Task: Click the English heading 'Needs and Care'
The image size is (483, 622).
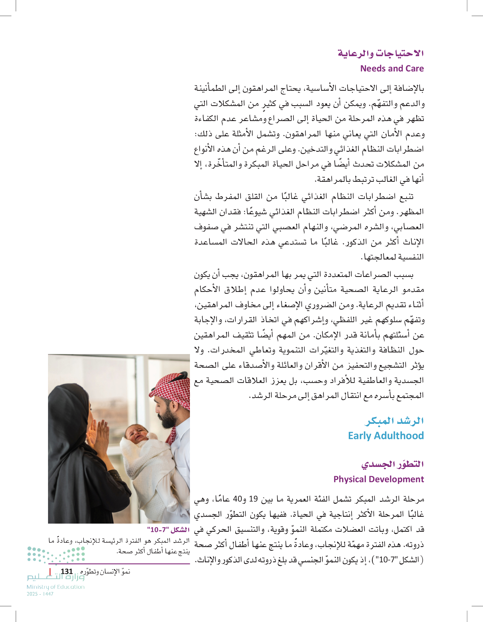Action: (x=392, y=69)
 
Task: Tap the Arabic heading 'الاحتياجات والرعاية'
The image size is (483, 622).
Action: (x=381, y=53)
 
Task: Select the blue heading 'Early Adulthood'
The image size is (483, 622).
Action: (x=386, y=436)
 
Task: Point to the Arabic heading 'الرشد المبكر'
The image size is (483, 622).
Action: (x=394, y=421)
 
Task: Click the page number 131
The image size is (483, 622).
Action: (x=67, y=572)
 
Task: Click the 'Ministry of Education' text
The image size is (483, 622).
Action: (x=56, y=587)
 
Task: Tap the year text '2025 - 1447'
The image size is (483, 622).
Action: (x=40, y=594)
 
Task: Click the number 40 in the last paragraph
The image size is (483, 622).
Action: (x=237, y=499)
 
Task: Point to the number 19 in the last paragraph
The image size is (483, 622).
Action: (x=253, y=499)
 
